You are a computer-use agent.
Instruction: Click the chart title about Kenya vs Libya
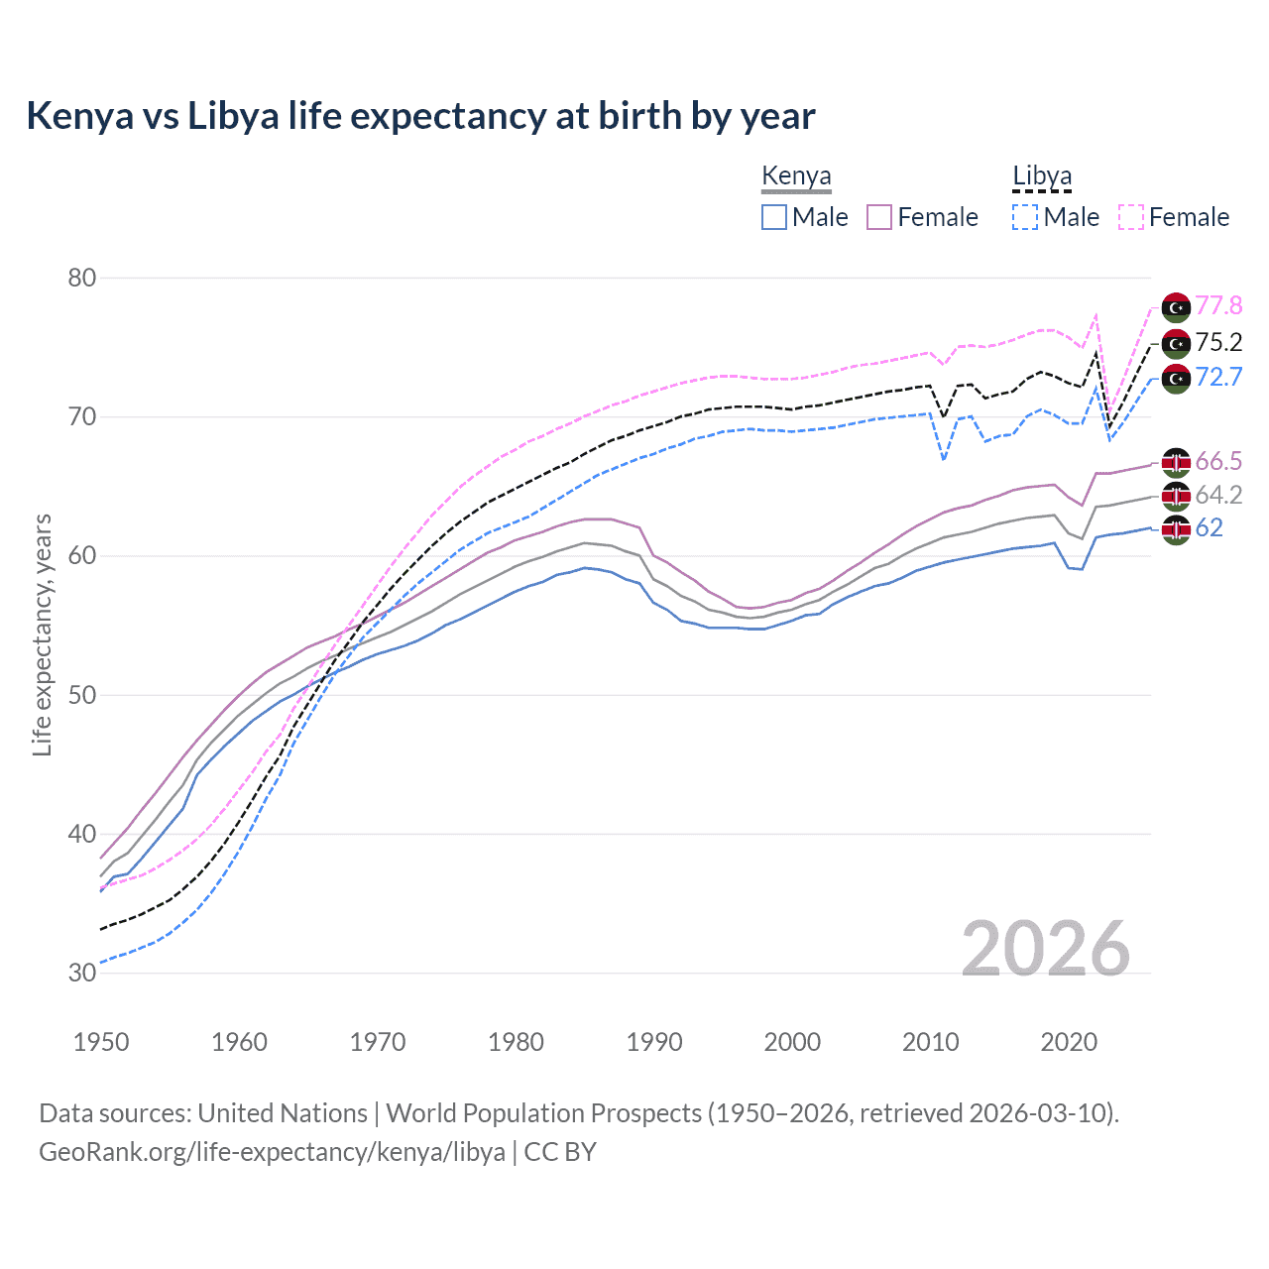tap(420, 116)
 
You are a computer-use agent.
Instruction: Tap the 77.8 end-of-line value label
tap(1218, 305)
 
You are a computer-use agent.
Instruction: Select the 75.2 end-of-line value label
tap(1218, 342)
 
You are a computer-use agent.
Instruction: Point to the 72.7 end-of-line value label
tap(1218, 377)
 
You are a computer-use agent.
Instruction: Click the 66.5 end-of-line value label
tap(1218, 461)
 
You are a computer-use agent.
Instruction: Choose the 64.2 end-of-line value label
tap(1218, 495)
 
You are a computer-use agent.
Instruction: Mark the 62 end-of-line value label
tap(1210, 527)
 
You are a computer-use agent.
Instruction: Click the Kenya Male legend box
tap(774, 217)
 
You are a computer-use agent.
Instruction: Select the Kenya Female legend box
tap(879, 217)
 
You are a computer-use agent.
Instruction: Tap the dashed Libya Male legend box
tap(1025, 217)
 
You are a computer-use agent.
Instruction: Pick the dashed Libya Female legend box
tap(1131, 217)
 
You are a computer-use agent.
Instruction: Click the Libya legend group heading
tap(1042, 176)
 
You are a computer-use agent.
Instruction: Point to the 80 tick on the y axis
tap(82, 278)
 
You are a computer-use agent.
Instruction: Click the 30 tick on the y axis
tap(82, 973)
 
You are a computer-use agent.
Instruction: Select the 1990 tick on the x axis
tap(654, 1042)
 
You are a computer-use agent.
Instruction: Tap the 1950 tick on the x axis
tap(102, 1042)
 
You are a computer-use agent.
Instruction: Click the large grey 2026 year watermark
tap(1046, 949)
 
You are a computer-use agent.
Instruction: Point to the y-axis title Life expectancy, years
tap(42, 634)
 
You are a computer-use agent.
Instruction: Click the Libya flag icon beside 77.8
tap(1176, 307)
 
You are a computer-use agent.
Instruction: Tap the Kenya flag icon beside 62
tap(1176, 529)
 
